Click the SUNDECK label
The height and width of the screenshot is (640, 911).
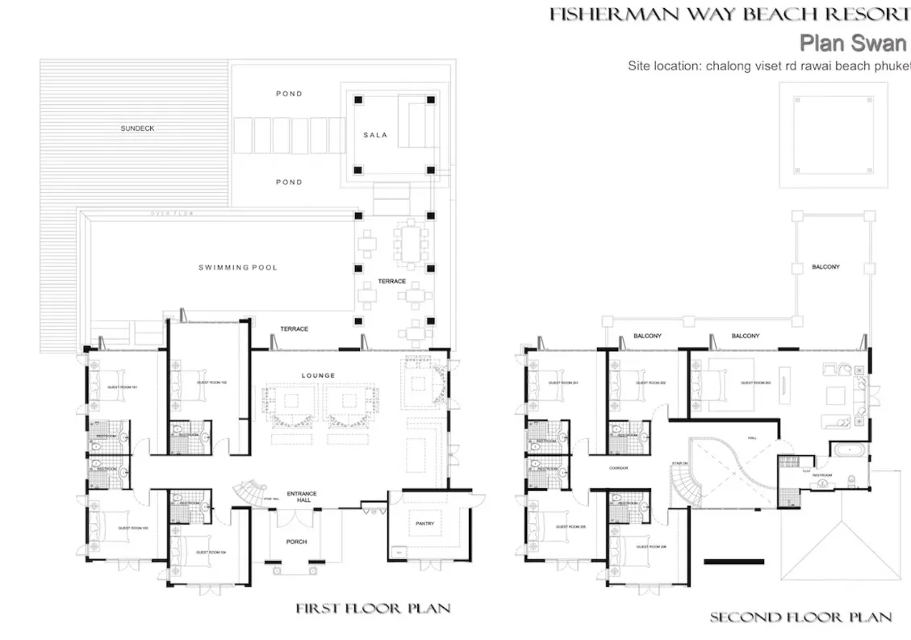tap(137, 128)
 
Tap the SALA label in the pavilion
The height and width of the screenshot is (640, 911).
tap(374, 135)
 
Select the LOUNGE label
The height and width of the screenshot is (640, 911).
tap(317, 375)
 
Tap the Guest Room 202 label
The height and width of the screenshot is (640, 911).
tap(650, 383)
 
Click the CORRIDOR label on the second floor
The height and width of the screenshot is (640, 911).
tap(620, 467)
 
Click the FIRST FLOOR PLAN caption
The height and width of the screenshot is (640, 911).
tap(372, 608)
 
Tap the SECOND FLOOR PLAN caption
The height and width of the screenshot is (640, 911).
tap(800, 617)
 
